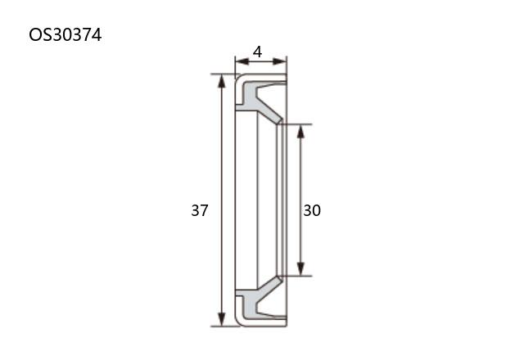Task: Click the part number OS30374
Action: tap(65, 34)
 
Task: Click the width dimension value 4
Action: tap(257, 52)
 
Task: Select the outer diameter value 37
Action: tap(200, 210)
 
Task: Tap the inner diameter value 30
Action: tap(312, 210)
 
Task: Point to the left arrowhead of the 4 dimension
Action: tap(242, 61)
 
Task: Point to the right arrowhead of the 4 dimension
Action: tap(280, 61)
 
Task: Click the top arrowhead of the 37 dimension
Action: tap(221, 81)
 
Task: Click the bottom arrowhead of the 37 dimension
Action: tap(221, 319)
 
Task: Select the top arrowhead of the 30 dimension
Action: tap(300, 131)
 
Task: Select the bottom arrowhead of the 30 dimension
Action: tap(300, 269)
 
